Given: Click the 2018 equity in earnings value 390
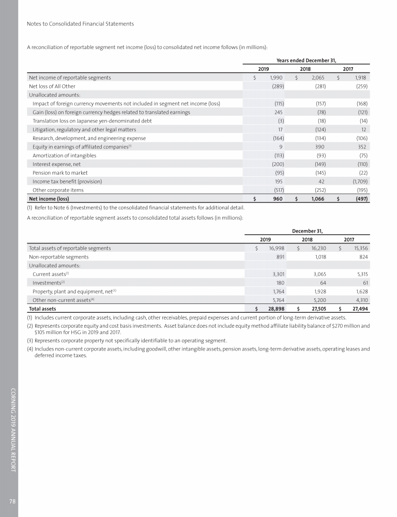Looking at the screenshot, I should [x=320, y=147].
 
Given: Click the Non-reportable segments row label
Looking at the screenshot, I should [x=58, y=256].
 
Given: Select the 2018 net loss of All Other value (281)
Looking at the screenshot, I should [x=318, y=86].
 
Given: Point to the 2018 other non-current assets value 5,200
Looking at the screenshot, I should [x=318, y=300].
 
